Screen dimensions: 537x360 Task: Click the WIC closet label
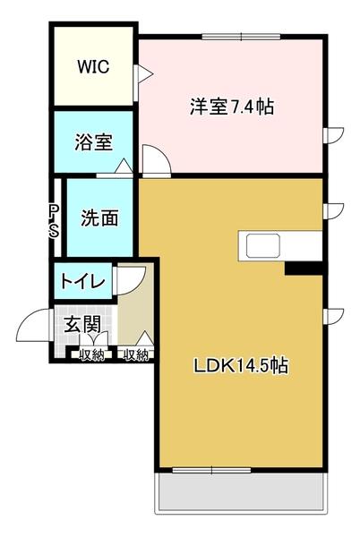point(91,65)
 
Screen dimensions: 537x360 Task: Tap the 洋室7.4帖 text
point(231,107)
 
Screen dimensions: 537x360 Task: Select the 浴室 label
point(93,141)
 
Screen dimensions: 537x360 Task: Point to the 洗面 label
point(96,217)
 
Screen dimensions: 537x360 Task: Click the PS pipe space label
point(55,220)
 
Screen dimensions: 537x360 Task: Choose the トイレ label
point(84,281)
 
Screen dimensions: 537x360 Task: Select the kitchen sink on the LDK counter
point(264,246)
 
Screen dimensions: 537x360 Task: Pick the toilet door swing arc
point(128,279)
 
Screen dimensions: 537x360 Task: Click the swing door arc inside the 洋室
point(155,163)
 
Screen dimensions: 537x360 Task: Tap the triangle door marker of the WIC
point(141,75)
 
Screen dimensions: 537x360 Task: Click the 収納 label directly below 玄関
point(91,355)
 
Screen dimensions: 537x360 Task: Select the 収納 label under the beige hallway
point(135,355)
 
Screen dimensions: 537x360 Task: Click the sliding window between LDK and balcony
point(211,470)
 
